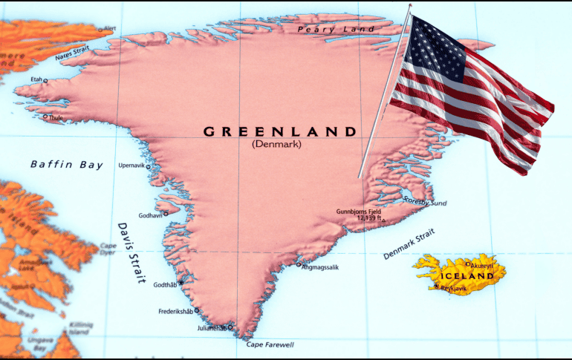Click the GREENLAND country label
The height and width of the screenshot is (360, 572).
280,131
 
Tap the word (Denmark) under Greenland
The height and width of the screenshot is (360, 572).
276,144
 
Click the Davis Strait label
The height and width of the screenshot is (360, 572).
131,253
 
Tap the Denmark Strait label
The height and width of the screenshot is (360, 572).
408,245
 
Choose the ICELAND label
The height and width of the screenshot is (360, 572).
467,276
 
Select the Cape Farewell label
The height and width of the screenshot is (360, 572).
270,345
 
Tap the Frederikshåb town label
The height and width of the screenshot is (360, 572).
175,311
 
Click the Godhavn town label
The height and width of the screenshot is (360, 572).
150,215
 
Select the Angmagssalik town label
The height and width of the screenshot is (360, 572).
320,266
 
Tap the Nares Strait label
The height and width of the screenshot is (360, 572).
72,53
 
